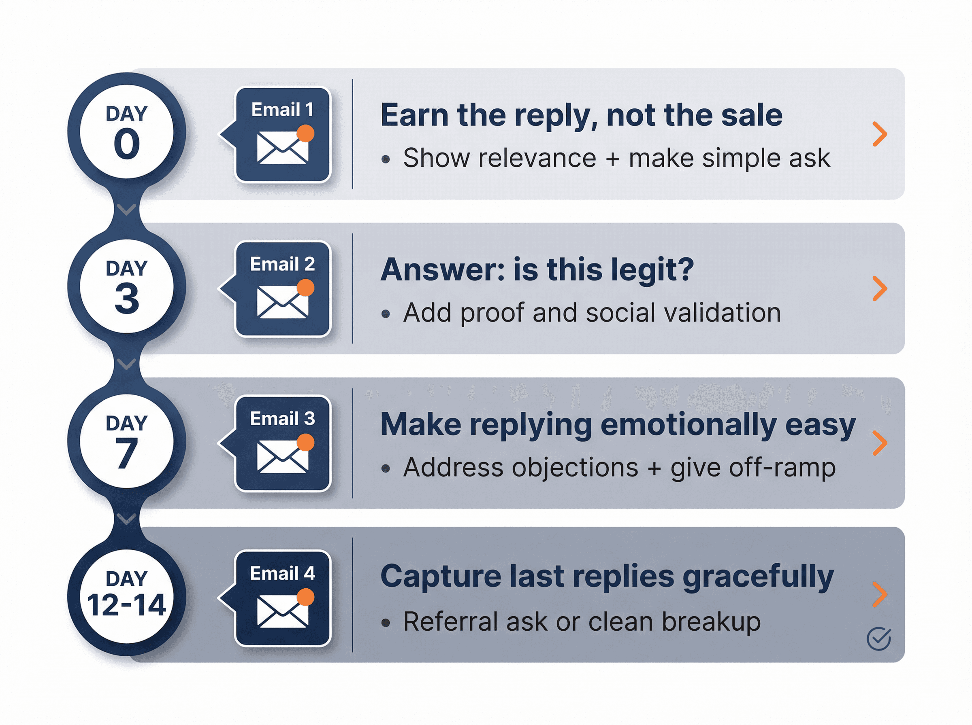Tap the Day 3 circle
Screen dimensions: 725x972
tap(126, 286)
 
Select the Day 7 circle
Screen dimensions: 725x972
tap(126, 441)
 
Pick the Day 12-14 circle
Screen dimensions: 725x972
tap(126, 596)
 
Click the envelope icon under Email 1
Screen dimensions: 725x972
tap(282, 148)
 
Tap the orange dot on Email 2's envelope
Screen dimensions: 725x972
tap(305, 288)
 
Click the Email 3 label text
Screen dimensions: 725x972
tap(282, 419)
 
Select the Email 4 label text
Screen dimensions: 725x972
tap(282, 573)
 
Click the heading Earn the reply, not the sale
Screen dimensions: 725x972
tap(581, 115)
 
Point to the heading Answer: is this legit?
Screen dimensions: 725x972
tap(537, 269)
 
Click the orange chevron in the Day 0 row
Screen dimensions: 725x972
tap(879, 134)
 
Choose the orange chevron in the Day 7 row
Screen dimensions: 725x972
tap(879, 443)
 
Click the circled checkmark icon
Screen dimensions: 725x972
tap(878, 638)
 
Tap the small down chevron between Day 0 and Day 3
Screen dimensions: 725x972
tap(126, 210)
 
